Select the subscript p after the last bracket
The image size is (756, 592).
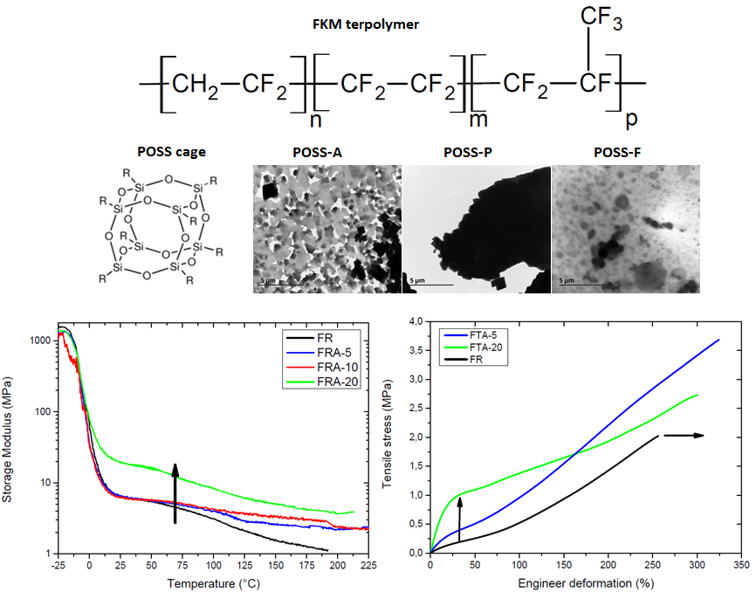(626, 114)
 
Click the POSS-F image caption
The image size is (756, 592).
(618, 151)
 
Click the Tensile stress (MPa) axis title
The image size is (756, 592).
(387, 437)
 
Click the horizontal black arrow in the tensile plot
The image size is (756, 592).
(684, 435)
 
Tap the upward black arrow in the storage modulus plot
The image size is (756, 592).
(175, 493)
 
